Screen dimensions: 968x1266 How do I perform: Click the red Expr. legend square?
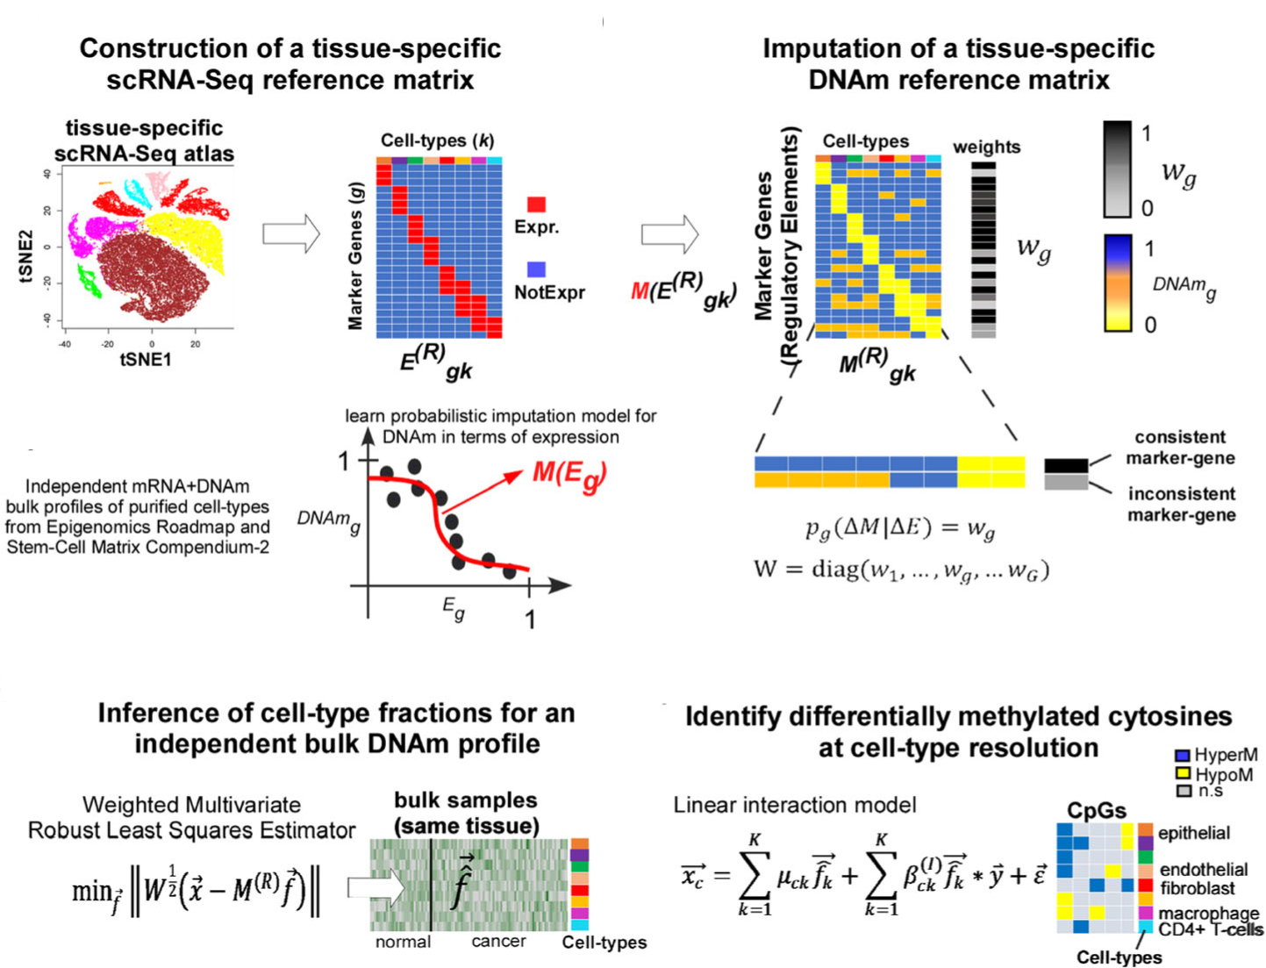(x=536, y=204)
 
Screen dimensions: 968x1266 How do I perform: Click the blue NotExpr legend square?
(x=536, y=269)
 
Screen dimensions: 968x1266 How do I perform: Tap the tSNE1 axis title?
(x=146, y=359)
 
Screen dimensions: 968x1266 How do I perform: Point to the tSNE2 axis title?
(x=25, y=257)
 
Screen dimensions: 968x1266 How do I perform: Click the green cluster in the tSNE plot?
(x=89, y=281)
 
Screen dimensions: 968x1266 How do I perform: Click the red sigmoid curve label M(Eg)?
(x=569, y=475)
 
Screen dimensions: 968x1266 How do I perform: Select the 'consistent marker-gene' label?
(x=1180, y=448)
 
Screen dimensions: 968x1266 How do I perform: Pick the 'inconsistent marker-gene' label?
(x=1181, y=505)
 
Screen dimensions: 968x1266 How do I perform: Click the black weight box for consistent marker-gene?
(x=1066, y=465)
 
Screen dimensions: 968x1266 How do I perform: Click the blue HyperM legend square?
(x=1182, y=756)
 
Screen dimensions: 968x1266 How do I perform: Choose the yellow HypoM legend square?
(x=1182, y=774)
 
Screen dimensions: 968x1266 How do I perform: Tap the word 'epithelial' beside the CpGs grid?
(x=1193, y=833)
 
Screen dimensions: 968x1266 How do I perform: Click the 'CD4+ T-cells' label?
(x=1211, y=930)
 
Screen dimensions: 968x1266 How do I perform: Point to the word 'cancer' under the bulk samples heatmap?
(x=498, y=942)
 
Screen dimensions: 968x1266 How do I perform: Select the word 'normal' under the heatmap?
(x=403, y=942)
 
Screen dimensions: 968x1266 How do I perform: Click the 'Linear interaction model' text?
(x=794, y=805)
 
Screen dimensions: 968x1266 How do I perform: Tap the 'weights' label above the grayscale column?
(x=986, y=147)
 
